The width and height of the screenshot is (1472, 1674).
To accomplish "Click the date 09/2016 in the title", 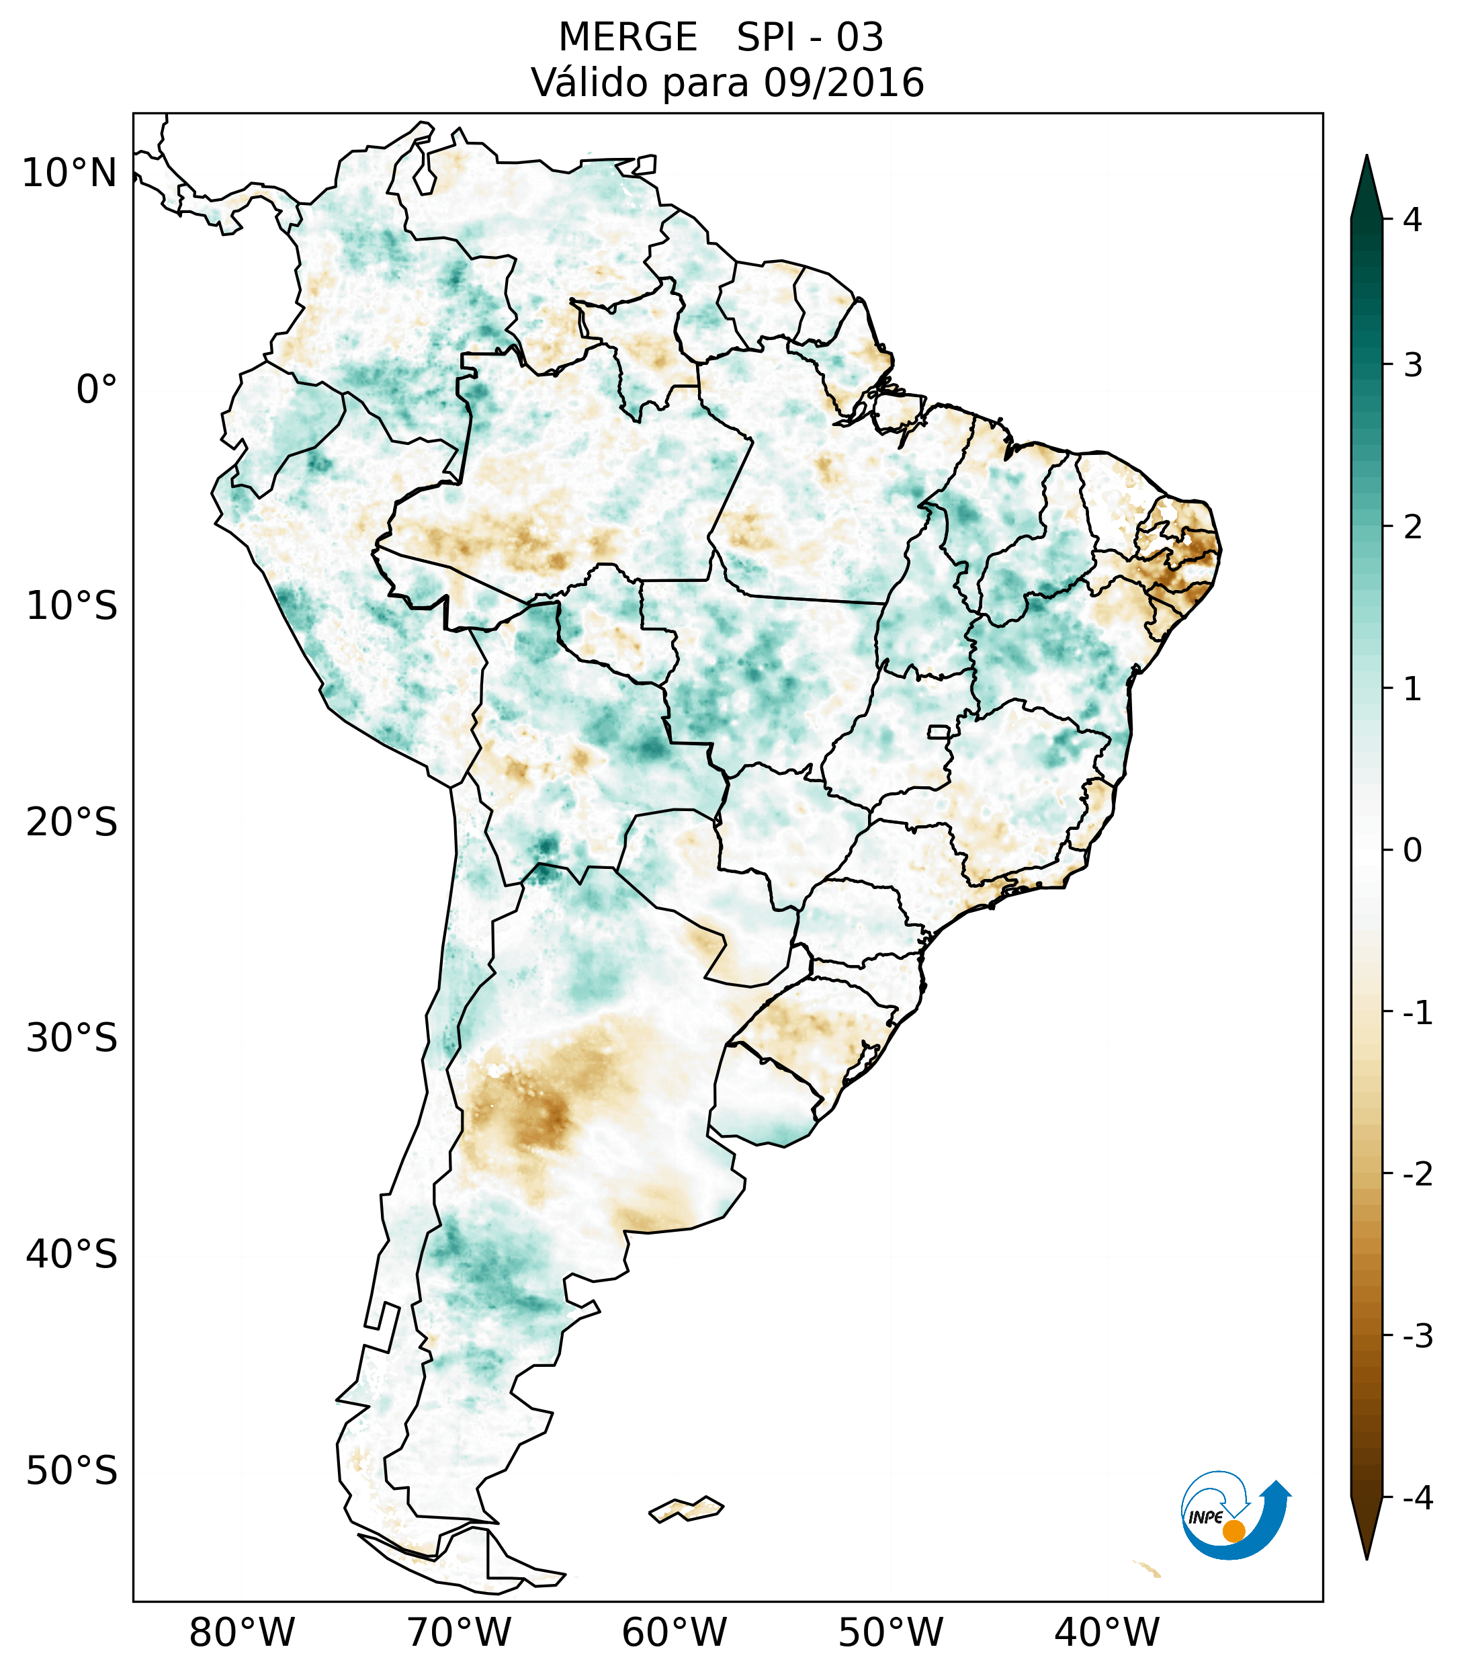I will (x=843, y=83).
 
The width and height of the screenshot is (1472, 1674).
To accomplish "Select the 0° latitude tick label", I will (x=96, y=390).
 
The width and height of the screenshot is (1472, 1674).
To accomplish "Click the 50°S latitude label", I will (x=72, y=1471).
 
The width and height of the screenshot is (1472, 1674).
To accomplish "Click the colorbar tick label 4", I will (x=1412, y=220).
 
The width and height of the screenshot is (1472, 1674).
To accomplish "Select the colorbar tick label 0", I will (x=1412, y=850).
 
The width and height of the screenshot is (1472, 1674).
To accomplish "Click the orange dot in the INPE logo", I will (x=1233, y=1531).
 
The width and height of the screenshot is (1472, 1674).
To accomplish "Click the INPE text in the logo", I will (x=1205, y=1517).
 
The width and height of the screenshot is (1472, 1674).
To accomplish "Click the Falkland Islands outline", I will (x=686, y=1508).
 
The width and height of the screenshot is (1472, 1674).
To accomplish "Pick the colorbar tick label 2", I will (x=1412, y=527).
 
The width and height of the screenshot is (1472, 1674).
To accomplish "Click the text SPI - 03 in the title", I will (x=810, y=38).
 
